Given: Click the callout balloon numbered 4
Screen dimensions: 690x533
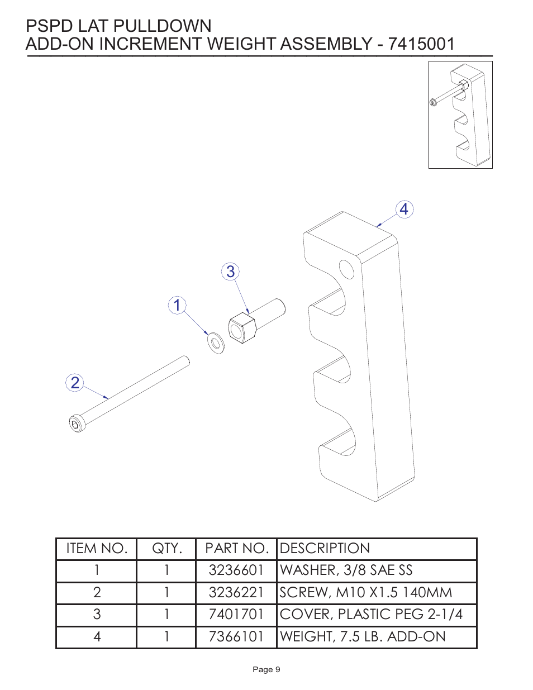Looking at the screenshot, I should [404, 210].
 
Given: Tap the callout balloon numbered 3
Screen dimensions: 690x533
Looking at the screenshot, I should [230, 272].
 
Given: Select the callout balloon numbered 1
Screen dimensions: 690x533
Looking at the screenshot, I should [177, 305].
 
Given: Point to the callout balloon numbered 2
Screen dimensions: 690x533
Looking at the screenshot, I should [75, 383].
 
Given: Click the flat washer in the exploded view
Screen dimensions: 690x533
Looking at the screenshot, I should [215, 342].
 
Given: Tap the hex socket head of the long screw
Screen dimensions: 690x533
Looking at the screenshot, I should [76, 423].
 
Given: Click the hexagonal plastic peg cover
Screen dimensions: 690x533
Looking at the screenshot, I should [242, 329].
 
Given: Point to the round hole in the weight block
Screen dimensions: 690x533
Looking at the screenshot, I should [346, 269].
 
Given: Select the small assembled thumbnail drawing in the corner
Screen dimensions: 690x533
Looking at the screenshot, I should [460, 115].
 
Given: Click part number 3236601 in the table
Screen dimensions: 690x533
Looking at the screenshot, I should [236, 570].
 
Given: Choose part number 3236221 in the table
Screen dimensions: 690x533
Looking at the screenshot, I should [236, 593].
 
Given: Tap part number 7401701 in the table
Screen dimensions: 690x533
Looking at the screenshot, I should [236, 615].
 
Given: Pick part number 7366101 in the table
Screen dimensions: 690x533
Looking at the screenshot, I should [236, 637].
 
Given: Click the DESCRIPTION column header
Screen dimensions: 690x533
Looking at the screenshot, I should [325, 549].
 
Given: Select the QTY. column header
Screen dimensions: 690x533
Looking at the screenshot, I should [166, 549].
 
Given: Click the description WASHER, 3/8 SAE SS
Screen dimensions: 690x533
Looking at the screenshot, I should [346, 570].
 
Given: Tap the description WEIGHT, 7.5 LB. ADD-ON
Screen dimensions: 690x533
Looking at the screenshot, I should [363, 637].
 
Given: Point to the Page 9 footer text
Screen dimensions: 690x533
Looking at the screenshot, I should [266, 669].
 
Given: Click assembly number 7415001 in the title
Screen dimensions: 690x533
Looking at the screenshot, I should [421, 44].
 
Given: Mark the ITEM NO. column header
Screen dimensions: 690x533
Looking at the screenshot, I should [97, 549].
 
